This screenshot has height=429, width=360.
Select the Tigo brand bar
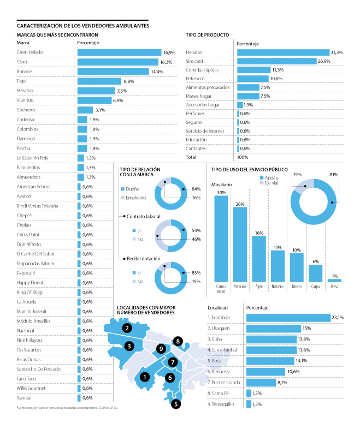[99, 81]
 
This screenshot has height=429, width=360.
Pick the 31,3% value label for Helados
[337, 52]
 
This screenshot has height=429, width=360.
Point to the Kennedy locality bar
[266, 372]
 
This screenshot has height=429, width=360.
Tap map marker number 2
[127, 328]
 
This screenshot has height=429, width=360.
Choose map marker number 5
[175, 404]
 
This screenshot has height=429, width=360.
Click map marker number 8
[178, 342]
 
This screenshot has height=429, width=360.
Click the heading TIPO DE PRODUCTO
[207, 34]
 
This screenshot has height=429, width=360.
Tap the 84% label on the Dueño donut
[196, 189]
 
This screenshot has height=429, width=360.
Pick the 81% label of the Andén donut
[334, 174]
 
